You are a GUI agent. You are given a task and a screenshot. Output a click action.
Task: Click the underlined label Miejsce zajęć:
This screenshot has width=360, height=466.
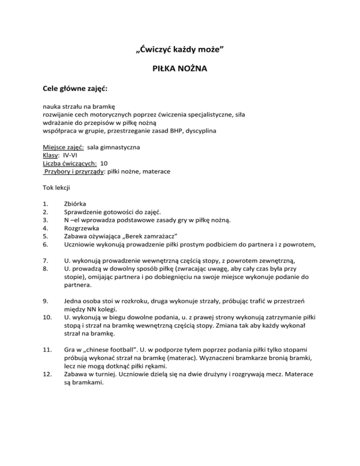63,147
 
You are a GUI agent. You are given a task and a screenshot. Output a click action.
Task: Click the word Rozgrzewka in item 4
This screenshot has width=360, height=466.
82,228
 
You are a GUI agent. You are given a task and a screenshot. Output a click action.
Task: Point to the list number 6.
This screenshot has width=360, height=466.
45,244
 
